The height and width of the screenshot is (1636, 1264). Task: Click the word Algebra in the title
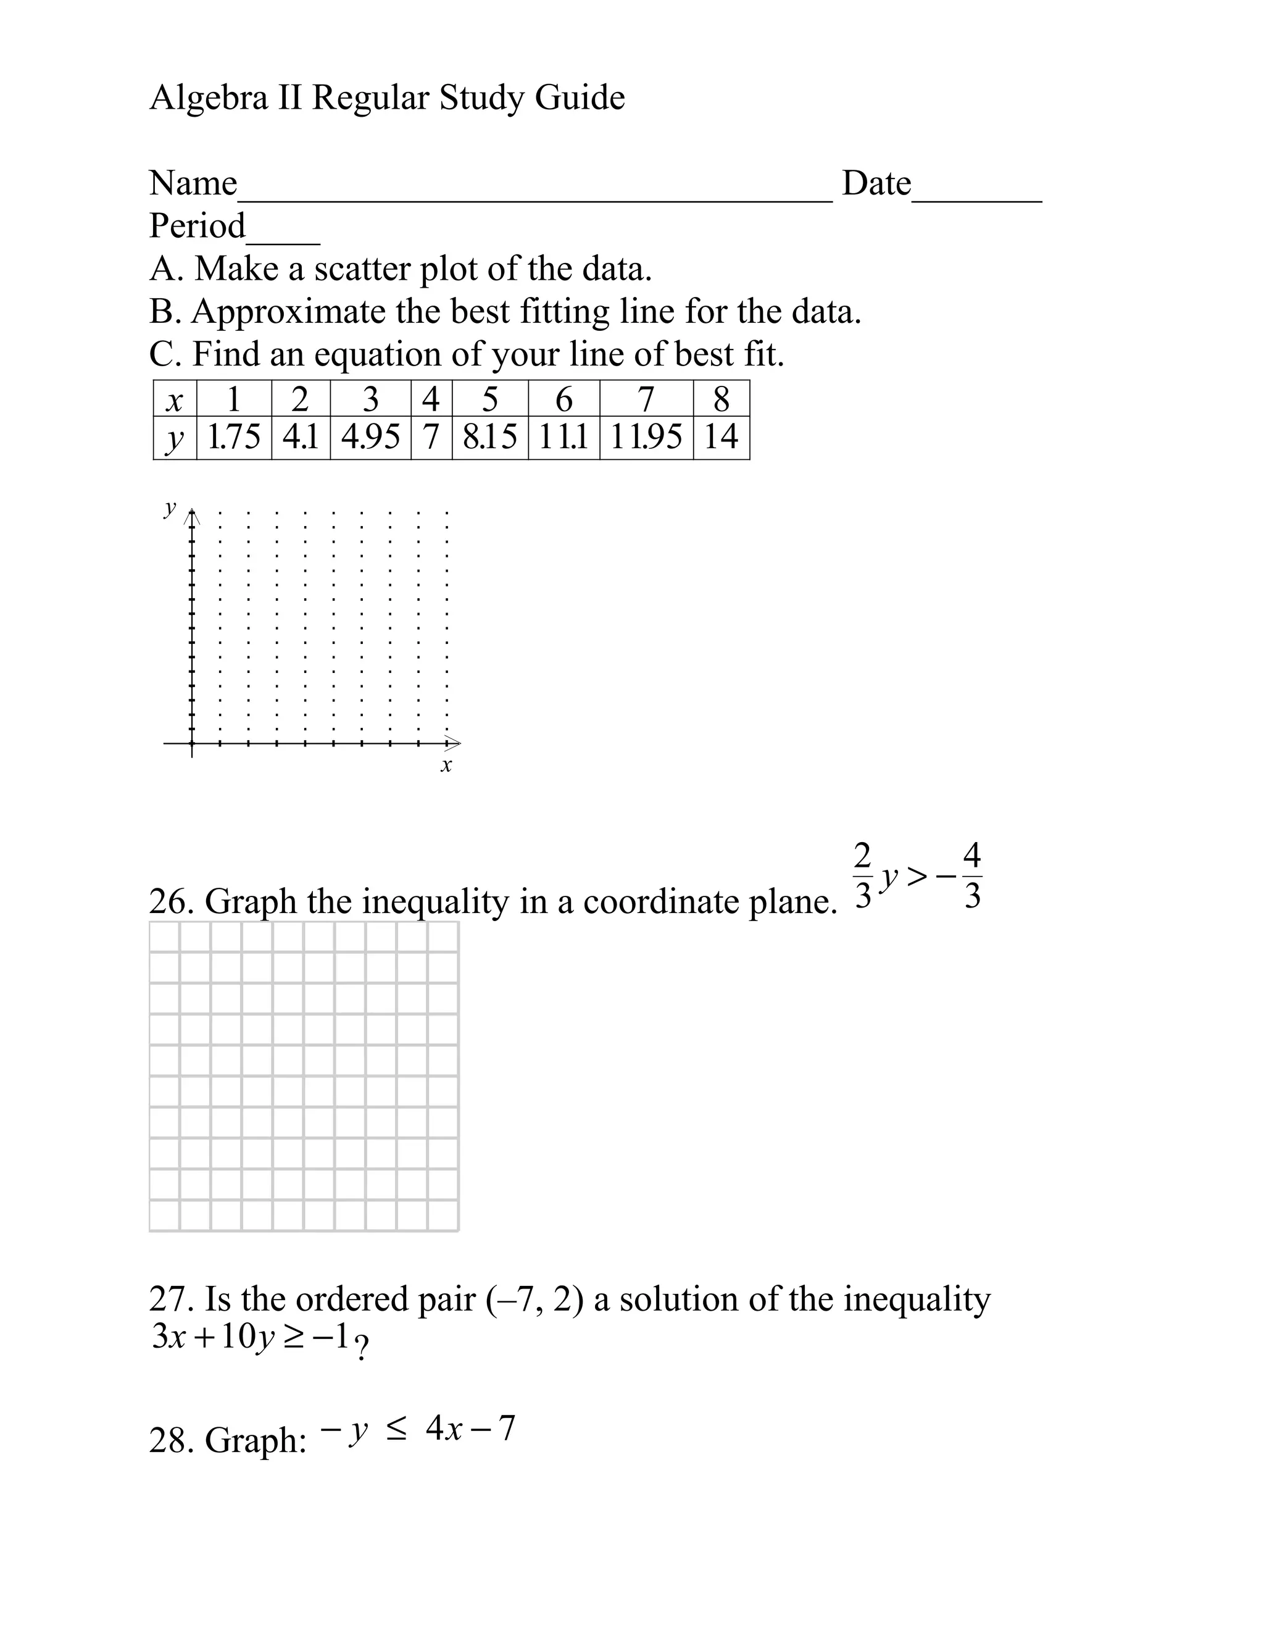pyautogui.click(x=208, y=98)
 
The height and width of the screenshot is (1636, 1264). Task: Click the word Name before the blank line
pyautogui.click(x=193, y=183)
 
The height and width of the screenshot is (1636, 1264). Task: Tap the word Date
pyautogui.click(x=876, y=183)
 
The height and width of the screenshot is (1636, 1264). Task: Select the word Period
pyautogui.click(x=197, y=226)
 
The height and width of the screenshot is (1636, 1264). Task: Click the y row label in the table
pyautogui.click(x=175, y=438)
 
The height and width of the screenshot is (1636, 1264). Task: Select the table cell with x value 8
pyautogui.click(x=720, y=399)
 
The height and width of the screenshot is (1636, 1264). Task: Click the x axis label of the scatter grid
pyautogui.click(x=446, y=766)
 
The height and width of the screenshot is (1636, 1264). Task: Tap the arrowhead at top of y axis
pyautogui.click(x=193, y=515)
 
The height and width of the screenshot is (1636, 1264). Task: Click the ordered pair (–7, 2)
pyautogui.click(x=534, y=1300)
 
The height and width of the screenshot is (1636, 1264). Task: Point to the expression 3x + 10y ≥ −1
pyautogui.click(x=250, y=1338)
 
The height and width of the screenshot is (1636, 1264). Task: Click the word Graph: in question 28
pyautogui.click(x=256, y=1440)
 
